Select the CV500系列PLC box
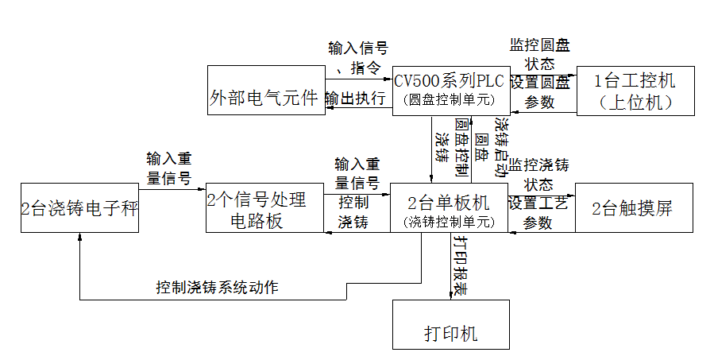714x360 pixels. tap(450, 89)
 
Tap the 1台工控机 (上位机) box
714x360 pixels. tap(635, 91)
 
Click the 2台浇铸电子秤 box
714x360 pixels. tap(79, 210)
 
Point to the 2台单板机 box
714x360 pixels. tap(449, 208)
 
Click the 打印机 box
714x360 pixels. tap(450, 325)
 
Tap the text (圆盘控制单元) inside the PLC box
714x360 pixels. tap(450, 100)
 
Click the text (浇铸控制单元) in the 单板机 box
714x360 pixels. tap(449, 221)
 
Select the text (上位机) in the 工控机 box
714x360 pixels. tap(635, 102)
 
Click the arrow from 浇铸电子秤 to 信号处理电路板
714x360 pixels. tap(172, 191)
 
